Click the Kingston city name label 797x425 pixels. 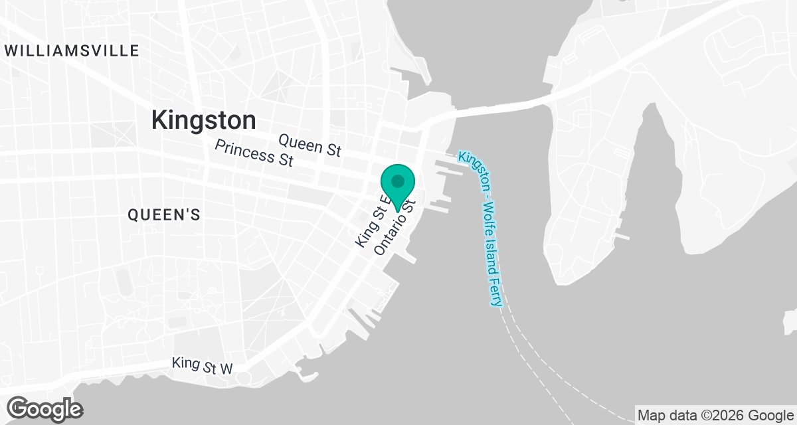(x=203, y=120)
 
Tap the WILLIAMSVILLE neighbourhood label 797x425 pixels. (x=72, y=50)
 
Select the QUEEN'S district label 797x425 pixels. (x=164, y=214)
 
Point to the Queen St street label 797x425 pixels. (x=310, y=144)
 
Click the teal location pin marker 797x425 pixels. (x=398, y=187)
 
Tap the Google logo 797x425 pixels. (x=44, y=408)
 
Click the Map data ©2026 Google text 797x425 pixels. (x=715, y=416)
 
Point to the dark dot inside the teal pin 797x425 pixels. (x=398, y=181)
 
